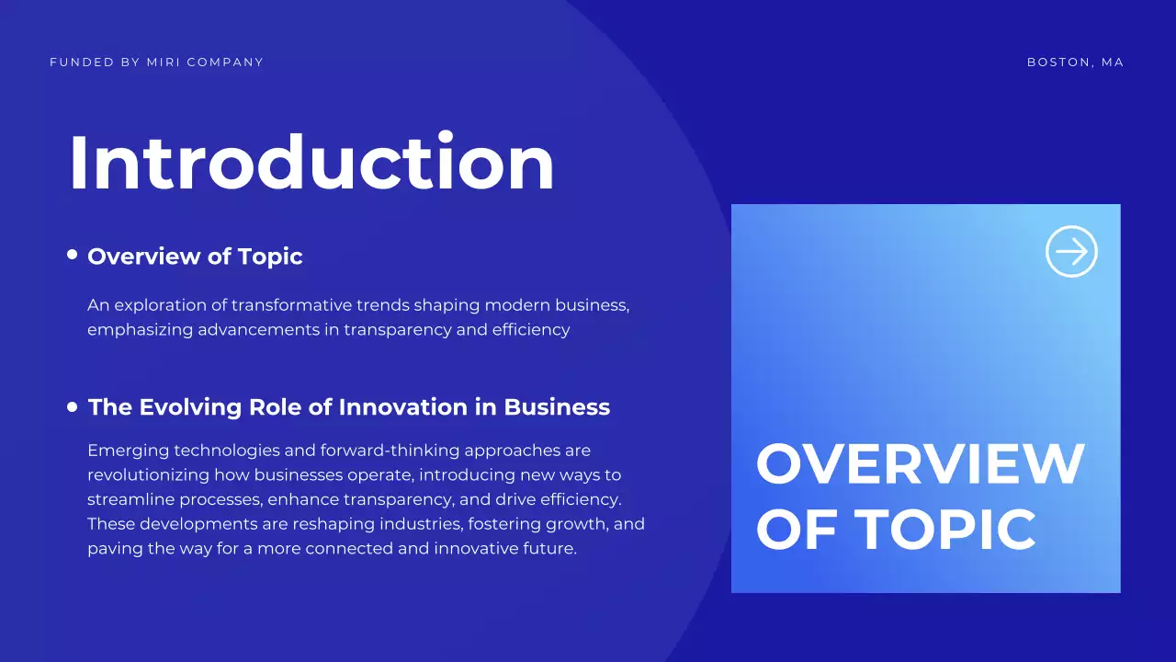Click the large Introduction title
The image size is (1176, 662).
click(311, 163)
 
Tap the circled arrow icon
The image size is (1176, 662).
click(1071, 251)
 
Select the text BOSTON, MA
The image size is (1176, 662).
click(1075, 63)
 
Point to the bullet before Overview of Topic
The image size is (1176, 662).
click(73, 256)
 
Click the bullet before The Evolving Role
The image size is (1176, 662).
click(73, 406)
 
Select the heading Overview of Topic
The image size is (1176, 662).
click(195, 257)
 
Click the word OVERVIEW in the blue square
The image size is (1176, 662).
click(920, 464)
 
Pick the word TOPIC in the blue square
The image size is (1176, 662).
click(945, 530)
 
